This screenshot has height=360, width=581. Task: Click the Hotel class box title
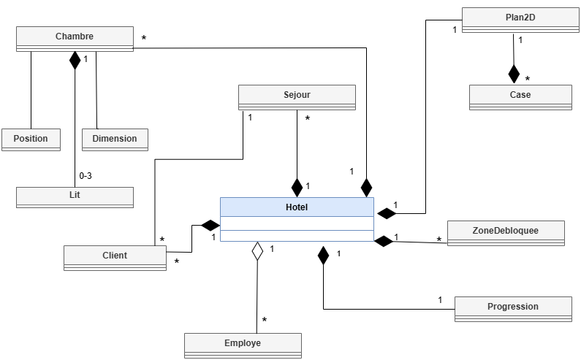297,207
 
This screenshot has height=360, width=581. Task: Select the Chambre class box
75,37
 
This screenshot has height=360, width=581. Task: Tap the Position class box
31,139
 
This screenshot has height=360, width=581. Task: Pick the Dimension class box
115,139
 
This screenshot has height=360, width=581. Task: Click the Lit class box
75,196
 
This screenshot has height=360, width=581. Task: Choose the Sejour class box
297,96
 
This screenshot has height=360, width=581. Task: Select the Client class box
115,256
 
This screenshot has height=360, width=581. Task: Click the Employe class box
243,344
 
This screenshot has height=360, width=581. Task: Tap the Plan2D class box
520,18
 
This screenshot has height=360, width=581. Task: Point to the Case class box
520,96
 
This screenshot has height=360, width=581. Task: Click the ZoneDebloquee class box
506,231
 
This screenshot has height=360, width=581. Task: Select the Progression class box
513,307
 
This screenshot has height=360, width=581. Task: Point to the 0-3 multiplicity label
86,176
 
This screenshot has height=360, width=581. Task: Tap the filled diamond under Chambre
75,60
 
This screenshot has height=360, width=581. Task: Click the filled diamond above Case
514,74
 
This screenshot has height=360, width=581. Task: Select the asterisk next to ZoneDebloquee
439,239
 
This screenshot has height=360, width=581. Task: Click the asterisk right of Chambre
144,37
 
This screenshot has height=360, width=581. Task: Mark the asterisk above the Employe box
264,320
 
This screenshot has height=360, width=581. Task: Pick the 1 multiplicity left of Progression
440,299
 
